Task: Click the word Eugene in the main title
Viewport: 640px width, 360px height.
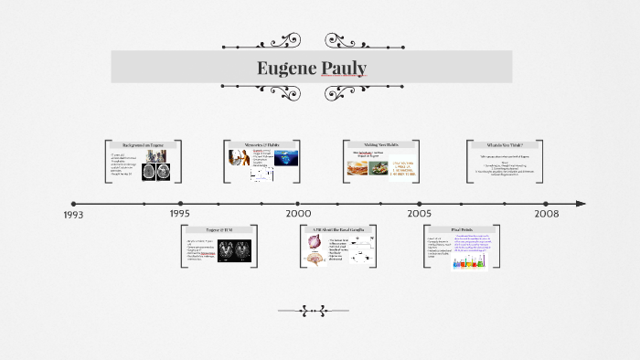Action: (286, 69)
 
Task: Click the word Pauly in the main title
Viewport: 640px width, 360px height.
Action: (344, 69)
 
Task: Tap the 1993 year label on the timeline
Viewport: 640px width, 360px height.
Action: (73, 215)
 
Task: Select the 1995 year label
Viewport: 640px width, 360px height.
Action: (180, 214)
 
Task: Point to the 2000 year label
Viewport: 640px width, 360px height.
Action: (298, 214)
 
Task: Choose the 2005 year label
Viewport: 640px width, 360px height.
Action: (420, 214)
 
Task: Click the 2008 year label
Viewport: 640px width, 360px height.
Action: (546, 214)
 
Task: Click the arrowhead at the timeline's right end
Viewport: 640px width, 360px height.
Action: (581, 204)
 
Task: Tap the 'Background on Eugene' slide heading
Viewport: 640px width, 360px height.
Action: (144, 145)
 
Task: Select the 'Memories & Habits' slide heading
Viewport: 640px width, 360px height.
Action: (262, 145)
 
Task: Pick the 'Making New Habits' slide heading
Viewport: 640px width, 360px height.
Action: (381, 145)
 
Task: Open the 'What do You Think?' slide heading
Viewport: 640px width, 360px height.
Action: (506, 145)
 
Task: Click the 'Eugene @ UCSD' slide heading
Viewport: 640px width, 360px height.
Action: (219, 230)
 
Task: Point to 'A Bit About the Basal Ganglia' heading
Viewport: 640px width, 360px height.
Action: (338, 230)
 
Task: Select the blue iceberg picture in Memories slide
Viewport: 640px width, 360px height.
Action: (286, 160)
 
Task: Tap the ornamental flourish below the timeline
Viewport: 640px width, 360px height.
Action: (314, 312)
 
